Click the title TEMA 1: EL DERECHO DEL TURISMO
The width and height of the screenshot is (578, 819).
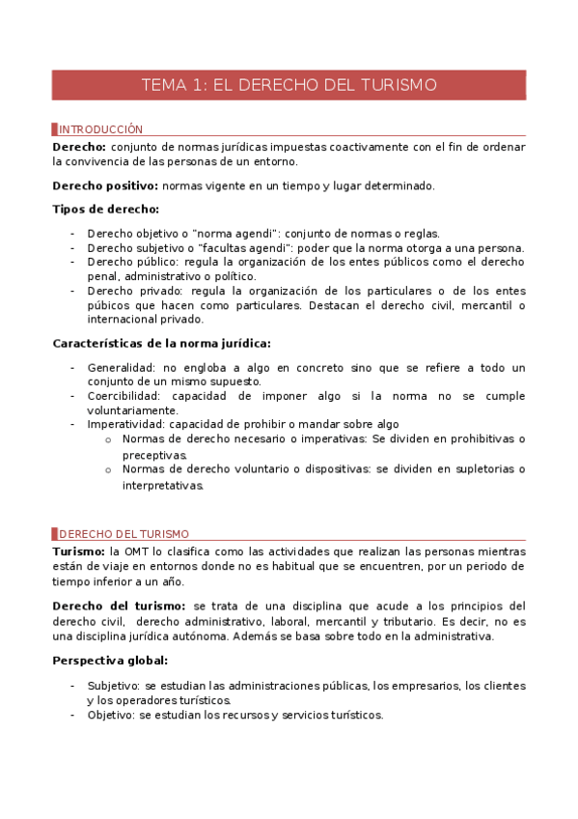click(289, 85)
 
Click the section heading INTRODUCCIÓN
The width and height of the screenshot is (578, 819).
click(100, 129)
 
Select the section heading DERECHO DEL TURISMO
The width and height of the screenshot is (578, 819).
click(124, 533)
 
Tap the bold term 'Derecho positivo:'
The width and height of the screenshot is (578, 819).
click(105, 185)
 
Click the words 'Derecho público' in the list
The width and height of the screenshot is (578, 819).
click(131, 262)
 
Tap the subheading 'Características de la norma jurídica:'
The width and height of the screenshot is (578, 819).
click(161, 343)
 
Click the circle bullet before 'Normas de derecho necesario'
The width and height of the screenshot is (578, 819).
click(109, 439)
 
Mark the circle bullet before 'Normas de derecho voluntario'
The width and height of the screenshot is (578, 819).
click(109, 470)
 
